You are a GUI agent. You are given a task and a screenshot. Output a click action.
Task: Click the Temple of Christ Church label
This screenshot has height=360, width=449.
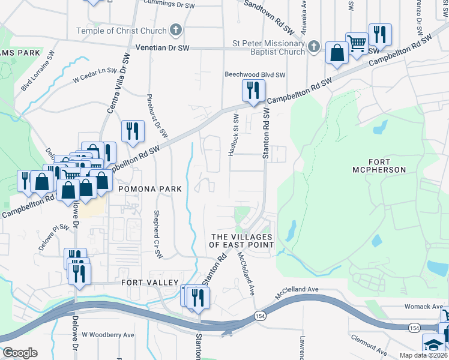pos(121,31)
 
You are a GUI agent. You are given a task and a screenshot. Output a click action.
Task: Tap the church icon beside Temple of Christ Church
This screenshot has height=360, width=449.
pos(176,30)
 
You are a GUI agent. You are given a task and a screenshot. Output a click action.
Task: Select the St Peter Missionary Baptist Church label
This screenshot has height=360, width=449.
pos(268,47)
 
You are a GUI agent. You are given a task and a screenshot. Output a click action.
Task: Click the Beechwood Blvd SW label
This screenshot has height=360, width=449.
pos(255,75)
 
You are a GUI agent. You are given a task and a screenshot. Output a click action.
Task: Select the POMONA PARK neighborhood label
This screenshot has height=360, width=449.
pos(149,189)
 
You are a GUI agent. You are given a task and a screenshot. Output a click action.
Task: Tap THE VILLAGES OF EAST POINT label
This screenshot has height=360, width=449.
pos(241,241)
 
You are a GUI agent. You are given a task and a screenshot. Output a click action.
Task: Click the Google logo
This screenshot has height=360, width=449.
pos(20,352)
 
